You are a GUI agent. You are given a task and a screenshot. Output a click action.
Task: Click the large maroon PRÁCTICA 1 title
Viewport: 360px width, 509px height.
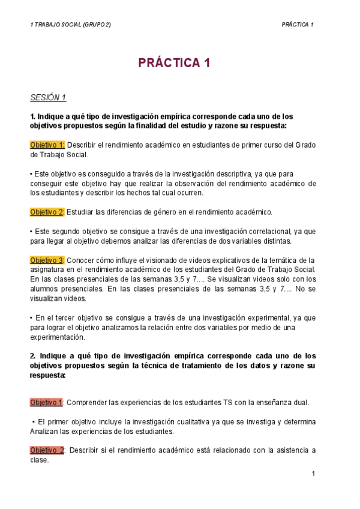(x=175, y=64)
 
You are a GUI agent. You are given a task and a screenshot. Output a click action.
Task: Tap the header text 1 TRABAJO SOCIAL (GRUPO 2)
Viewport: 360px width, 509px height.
(x=70, y=24)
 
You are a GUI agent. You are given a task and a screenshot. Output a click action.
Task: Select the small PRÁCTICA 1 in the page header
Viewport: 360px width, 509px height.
(x=298, y=24)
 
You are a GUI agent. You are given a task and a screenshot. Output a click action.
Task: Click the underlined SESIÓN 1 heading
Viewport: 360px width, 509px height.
(x=48, y=97)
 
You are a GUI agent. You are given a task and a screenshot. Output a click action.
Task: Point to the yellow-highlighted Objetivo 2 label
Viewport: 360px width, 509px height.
(x=47, y=211)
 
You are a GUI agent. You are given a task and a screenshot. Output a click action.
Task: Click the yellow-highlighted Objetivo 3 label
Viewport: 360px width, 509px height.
(x=47, y=260)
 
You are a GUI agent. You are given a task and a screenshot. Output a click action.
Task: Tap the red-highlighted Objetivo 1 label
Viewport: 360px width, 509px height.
(x=47, y=402)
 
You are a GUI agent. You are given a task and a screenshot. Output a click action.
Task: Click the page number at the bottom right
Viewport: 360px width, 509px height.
(x=313, y=474)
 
